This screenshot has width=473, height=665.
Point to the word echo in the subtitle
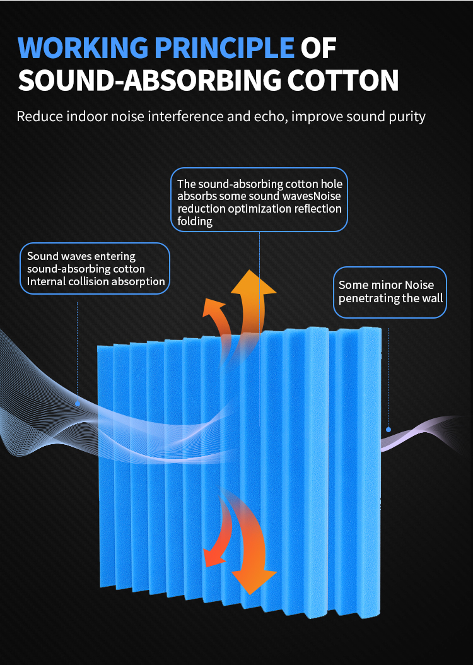pyautogui.click(x=300, y=117)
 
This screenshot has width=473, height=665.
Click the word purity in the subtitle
pyautogui.click(x=404, y=117)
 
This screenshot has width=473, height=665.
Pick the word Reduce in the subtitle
pyautogui.click(x=38, y=117)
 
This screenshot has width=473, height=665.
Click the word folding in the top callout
pyautogui.click(x=195, y=221)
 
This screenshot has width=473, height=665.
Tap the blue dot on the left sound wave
pyautogui.click(x=78, y=403)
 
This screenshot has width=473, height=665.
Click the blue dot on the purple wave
pyautogui.click(x=388, y=429)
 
